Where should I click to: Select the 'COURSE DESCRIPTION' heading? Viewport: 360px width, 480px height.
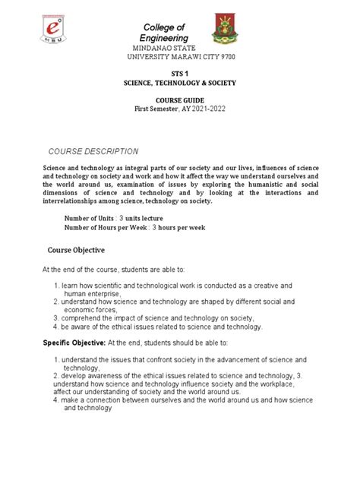[x=93, y=151]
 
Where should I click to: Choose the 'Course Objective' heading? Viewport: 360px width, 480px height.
[x=76, y=249]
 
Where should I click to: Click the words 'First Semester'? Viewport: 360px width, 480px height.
[x=156, y=109]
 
